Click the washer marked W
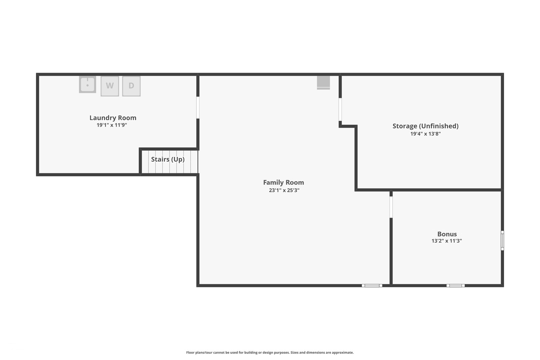click(x=110, y=86)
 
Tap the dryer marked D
click(x=131, y=86)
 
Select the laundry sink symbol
click(x=88, y=84)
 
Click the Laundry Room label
click(x=113, y=118)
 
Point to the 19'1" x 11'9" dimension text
click(x=112, y=125)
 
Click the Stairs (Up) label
click(x=168, y=159)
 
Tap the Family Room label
click(x=283, y=182)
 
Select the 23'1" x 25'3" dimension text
click(x=284, y=190)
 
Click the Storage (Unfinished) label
click(x=425, y=126)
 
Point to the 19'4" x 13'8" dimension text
click(x=425, y=134)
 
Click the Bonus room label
click(x=447, y=234)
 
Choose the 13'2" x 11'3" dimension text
click(x=446, y=241)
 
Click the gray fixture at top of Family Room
click(x=323, y=83)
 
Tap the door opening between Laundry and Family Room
click(x=198, y=108)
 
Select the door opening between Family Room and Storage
click(x=340, y=109)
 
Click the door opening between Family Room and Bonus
click(x=391, y=207)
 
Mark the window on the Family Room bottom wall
click(x=372, y=286)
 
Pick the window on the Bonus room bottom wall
click(x=456, y=286)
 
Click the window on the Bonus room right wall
click(x=502, y=241)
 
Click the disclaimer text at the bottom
click(x=270, y=353)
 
